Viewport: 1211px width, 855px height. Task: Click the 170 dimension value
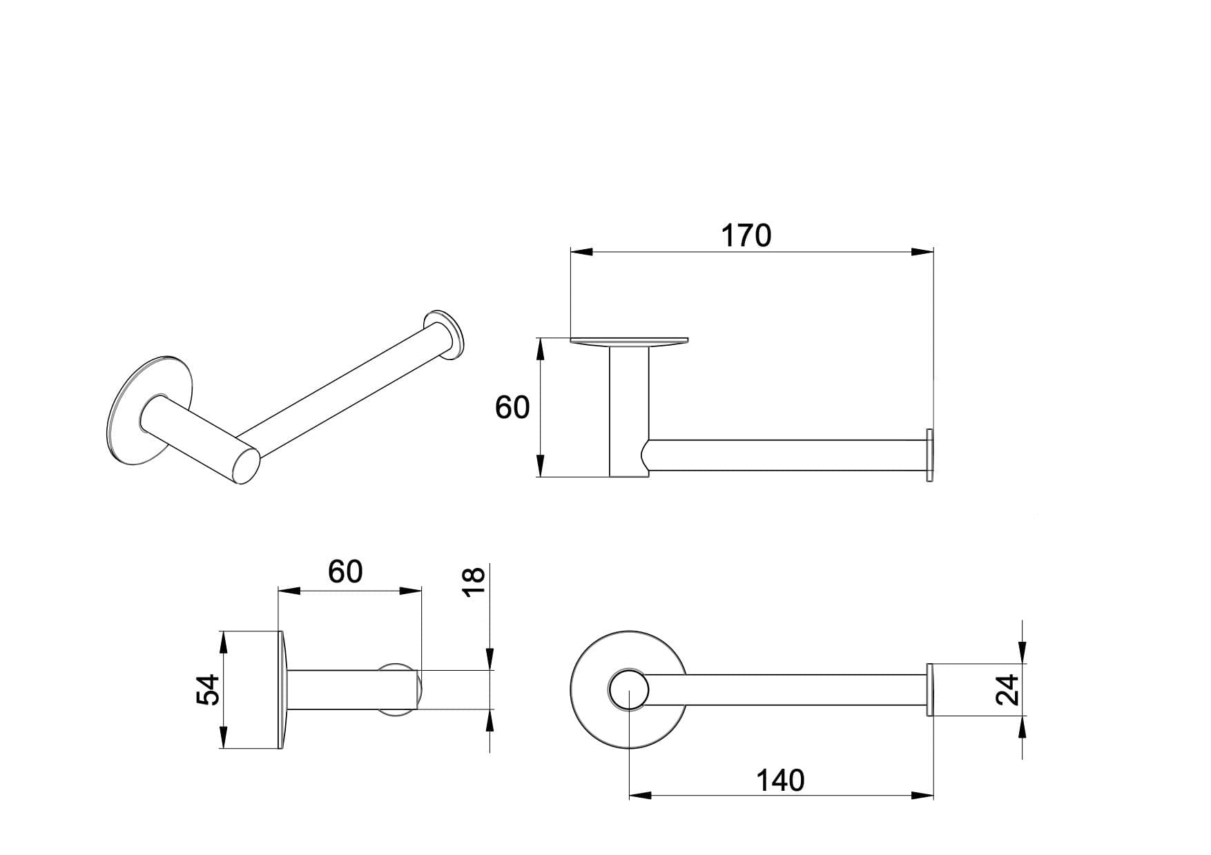click(x=746, y=236)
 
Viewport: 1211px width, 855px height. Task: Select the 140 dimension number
click(x=780, y=780)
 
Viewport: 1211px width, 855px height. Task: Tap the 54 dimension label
click(x=209, y=689)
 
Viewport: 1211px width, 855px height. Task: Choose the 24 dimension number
click(x=1007, y=689)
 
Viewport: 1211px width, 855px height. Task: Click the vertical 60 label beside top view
click(x=512, y=408)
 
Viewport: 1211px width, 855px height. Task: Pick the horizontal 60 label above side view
click(x=345, y=571)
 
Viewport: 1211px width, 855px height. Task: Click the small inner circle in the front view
click(x=628, y=689)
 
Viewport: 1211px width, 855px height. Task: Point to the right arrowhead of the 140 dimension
click(x=922, y=796)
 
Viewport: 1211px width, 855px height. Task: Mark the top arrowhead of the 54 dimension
click(x=222, y=642)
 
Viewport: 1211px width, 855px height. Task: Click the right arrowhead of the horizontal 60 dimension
click(x=411, y=591)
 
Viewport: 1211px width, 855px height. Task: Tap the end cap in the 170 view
click(x=930, y=455)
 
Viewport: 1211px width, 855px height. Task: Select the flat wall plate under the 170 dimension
click(x=629, y=341)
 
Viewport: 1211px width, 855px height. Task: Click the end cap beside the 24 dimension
click(x=929, y=689)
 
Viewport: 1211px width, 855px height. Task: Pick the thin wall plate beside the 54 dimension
click(x=282, y=689)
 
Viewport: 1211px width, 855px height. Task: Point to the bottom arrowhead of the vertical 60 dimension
click(x=541, y=466)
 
